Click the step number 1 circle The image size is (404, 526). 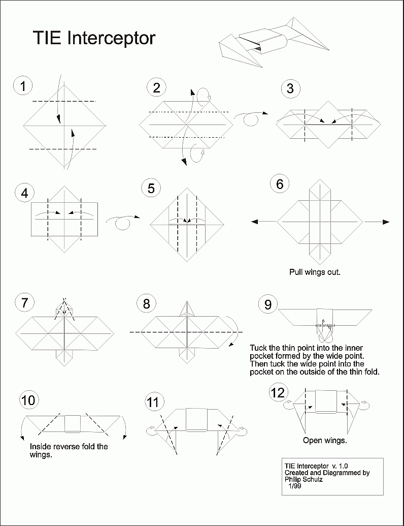[x=22, y=86]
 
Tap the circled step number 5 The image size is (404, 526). [x=151, y=189]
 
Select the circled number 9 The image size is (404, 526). [x=268, y=304]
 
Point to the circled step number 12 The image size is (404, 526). [x=278, y=393]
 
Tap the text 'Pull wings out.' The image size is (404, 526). [x=315, y=272]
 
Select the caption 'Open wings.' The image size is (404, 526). [x=325, y=440]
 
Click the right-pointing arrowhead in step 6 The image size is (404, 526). [x=386, y=222]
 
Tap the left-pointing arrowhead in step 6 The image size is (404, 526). [x=255, y=222]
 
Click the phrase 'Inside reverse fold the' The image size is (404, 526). [x=69, y=447]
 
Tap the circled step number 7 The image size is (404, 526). [x=23, y=303]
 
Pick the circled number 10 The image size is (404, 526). [x=29, y=400]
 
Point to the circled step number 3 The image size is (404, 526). [x=290, y=88]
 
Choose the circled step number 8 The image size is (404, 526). [x=147, y=304]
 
